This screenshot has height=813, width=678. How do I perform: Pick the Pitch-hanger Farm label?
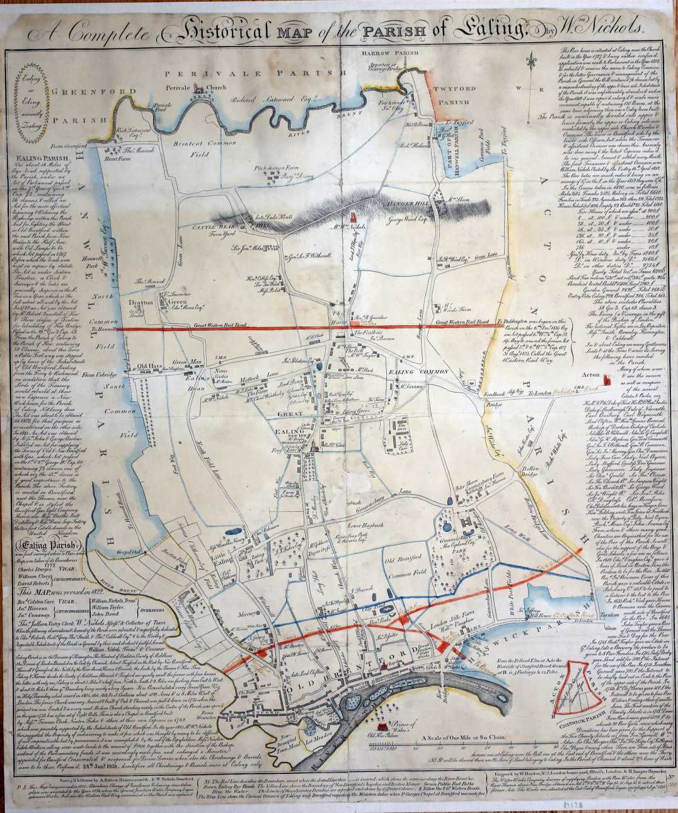[289, 170]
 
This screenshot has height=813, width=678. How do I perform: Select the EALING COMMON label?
[413, 372]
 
